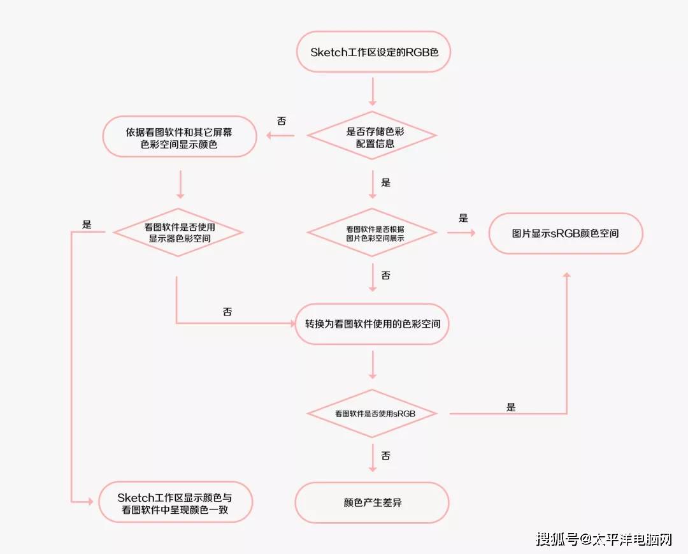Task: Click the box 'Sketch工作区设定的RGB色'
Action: (x=373, y=52)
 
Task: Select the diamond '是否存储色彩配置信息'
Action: (x=372, y=136)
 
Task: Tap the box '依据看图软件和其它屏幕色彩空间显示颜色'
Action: (x=179, y=137)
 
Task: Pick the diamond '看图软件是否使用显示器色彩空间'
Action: (x=179, y=233)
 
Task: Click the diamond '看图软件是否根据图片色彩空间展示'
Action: (x=372, y=233)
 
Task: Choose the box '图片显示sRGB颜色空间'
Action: (x=566, y=233)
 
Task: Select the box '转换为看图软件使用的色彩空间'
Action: (x=372, y=324)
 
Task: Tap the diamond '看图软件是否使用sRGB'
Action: (x=372, y=414)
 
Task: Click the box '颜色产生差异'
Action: (x=372, y=502)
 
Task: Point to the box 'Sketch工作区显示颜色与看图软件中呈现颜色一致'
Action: (x=175, y=502)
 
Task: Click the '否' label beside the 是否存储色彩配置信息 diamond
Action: (x=282, y=121)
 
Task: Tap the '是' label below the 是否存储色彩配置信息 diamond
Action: (x=385, y=182)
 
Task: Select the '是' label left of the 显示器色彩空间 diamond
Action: (x=87, y=224)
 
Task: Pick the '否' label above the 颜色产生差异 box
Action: (x=385, y=456)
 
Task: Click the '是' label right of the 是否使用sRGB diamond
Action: (x=511, y=407)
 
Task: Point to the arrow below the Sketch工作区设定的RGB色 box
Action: (x=373, y=91)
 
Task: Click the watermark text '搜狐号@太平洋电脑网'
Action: (x=604, y=539)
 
